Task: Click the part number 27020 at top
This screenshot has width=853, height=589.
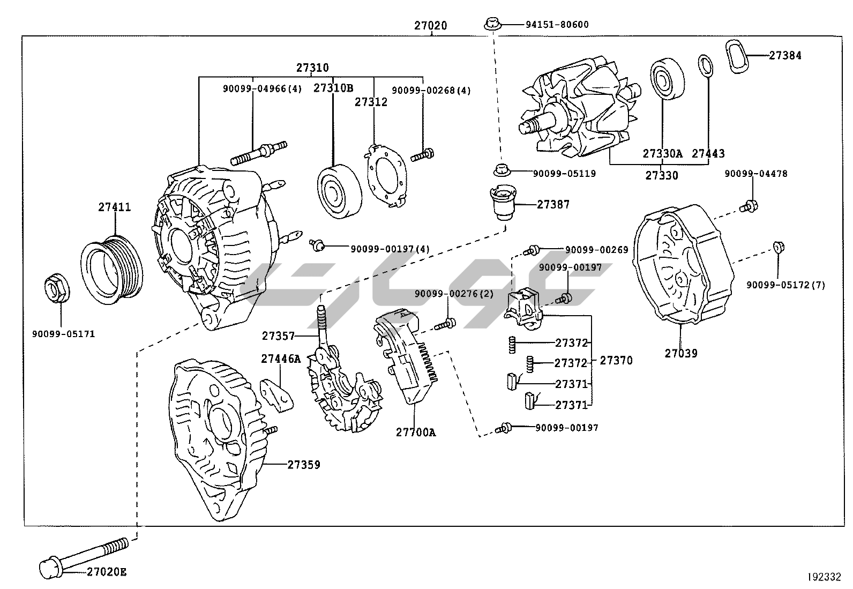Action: click(430, 25)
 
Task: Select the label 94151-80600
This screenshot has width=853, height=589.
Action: click(549, 25)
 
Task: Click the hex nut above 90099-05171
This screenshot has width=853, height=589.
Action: click(56, 288)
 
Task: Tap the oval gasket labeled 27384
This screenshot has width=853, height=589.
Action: click(739, 56)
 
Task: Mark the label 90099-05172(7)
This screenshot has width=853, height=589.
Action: click(785, 285)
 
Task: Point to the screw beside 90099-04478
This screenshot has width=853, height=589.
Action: click(749, 205)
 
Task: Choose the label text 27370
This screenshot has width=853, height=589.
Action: click(616, 361)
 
